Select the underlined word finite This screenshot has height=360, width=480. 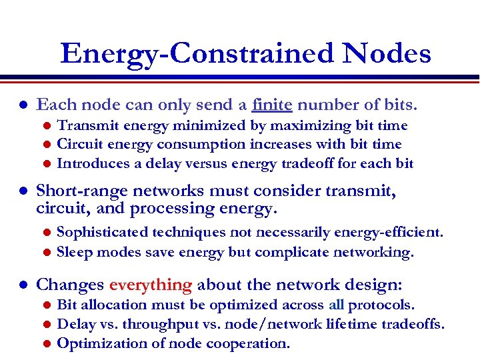pyautogui.click(x=272, y=105)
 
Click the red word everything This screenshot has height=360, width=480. pyautogui.click(x=150, y=285)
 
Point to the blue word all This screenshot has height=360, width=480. pyautogui.click(x=336, y=305)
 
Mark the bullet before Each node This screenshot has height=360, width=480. pyautogui.click(x=23, y=105)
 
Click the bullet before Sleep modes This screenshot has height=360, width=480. pyautogui.click(x=46, y=253)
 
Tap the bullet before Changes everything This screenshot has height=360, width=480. pyautogui.click(x=23, y=285)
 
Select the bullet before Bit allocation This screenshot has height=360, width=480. pyautogui.click(x=46, y=305)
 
